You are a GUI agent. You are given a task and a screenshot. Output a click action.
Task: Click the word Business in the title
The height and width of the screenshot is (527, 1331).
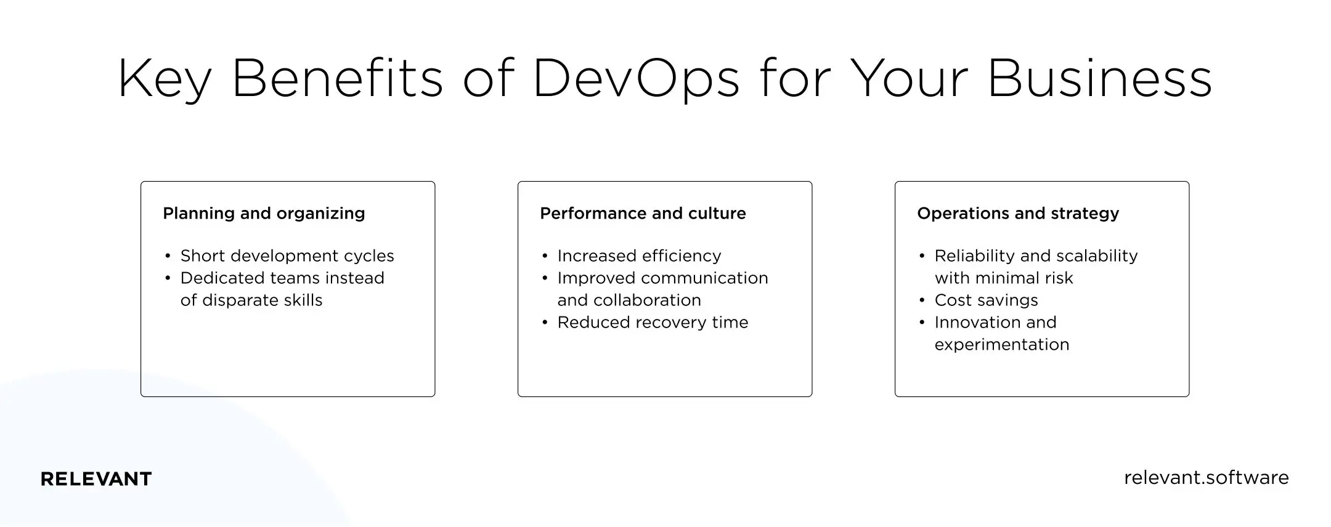point(1100,79)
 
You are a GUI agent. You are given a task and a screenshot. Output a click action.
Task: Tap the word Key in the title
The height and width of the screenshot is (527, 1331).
point(165,79)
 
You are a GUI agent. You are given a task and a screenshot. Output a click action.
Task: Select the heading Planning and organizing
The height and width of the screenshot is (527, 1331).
point(264,214)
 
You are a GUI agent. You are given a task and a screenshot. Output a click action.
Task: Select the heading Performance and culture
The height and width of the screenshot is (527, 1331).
point(643,214)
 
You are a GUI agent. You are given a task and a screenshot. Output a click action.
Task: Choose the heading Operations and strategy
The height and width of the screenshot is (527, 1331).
point(1018,214)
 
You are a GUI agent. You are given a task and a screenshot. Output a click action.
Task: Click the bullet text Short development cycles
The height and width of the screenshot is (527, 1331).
point(287,256)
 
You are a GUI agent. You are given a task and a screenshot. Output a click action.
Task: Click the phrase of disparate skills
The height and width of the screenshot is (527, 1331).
point(251,300)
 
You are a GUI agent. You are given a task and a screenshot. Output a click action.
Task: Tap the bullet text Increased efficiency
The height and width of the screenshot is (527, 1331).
point(639,256)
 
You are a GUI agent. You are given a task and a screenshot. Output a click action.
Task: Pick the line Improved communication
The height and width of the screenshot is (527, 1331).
point(662,278)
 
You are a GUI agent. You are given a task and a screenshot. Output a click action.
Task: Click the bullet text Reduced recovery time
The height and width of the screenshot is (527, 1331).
point(653,323)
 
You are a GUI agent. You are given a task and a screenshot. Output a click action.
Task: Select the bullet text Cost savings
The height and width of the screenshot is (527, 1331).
point(986,300)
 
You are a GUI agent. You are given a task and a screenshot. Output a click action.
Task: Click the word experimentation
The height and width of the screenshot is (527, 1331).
point(1002,345)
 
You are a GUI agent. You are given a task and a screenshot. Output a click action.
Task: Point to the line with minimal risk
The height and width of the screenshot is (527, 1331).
point(1004,278)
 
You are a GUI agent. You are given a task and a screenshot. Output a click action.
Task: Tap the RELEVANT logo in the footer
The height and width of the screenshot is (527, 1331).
point(96,479)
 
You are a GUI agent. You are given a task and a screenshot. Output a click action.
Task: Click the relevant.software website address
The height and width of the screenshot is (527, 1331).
point(1206,478)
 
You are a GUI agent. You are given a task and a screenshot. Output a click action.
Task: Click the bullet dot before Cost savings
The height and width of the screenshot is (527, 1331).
point(922,301)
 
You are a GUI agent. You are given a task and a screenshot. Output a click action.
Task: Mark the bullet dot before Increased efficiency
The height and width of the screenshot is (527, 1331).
point(545,257)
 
